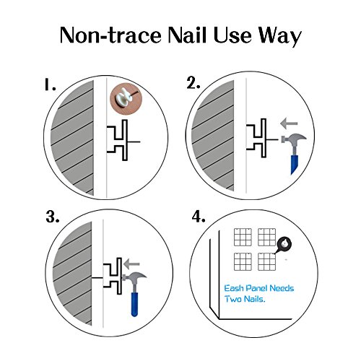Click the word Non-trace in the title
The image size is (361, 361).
point(110,35)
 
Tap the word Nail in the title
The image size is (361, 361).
point(187,35)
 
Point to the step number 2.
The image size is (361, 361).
point(193,84)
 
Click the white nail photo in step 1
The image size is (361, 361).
point(126,99)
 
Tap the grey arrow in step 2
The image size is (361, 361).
point(289,123)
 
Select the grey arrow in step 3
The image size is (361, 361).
point(131,264)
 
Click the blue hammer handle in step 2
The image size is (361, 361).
point(295,165)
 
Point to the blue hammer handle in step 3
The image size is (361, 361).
point(134,304)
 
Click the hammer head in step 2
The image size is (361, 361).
point(294,139)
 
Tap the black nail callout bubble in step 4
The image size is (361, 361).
point(284,245)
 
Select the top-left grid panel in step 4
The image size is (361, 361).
point(243,237)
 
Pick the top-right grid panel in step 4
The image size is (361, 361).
point(266,237)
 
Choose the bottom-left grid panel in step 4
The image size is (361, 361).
point(243,261)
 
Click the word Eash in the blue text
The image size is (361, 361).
point(234,288)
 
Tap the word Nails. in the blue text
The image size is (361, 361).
point(255,299)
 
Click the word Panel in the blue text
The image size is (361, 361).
point(256,288)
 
